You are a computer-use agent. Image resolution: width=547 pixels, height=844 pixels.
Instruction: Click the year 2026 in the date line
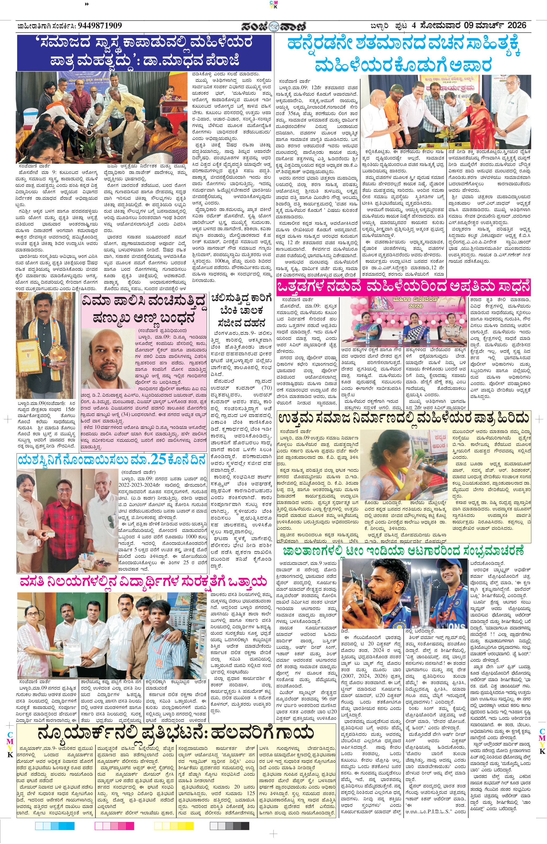517,25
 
